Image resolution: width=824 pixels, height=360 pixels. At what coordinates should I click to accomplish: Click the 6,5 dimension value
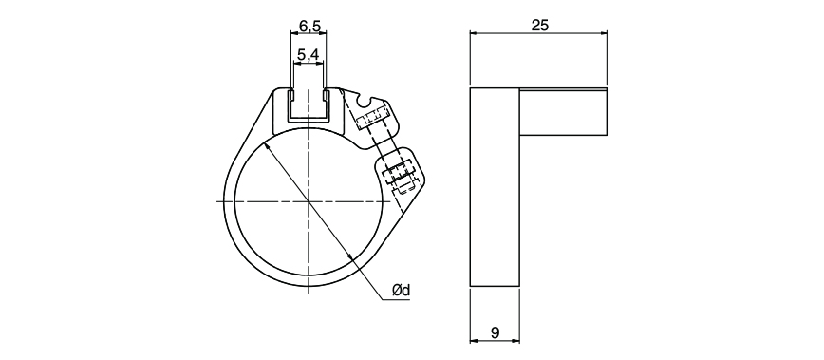click(309, 25)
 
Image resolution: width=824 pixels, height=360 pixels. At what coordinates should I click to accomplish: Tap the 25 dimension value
click(540, 26)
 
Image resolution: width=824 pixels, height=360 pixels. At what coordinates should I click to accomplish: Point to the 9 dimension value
click(495, 332)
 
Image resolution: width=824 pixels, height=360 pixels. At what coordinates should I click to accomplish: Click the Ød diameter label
click(401, 290)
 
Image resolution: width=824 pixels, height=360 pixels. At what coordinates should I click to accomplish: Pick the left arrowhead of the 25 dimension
click(473, 33)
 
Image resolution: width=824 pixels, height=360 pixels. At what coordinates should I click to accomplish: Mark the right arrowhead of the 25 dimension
click(604, 33)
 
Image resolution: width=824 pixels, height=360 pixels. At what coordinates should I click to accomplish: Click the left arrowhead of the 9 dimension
click(473, 341)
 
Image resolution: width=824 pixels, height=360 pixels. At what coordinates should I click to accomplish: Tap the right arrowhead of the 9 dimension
click(515, 341)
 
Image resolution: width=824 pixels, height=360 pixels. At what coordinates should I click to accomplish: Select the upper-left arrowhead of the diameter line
click(266, 145)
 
